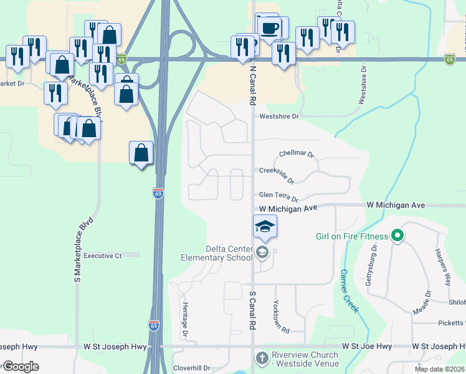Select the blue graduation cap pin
265,226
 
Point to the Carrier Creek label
348,290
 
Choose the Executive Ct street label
103,256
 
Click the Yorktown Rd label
280,317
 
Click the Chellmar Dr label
297,153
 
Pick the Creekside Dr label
277,175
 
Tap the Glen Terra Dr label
278,196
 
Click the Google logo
20,367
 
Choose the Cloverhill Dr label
193,368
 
